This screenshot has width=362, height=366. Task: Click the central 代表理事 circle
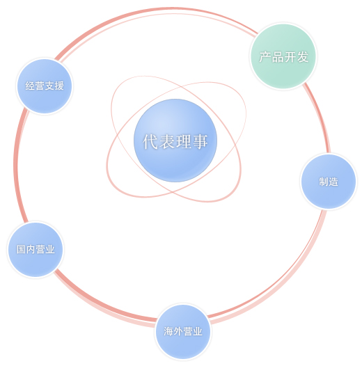[x=175, y=141]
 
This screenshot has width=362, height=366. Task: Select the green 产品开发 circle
[x=283, y=56]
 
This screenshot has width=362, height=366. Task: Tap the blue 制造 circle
[x=329, y=182]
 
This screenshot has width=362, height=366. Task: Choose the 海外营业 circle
[x=183, y=332]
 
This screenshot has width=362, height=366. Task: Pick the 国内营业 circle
[x=36, y=250]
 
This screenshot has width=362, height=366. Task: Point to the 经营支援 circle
[x=45, y=86]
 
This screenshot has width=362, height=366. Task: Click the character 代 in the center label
[x=151, y=141]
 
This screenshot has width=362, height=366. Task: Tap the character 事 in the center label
[x=200, y=141]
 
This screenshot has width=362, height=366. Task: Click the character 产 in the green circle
[x=265, y=57]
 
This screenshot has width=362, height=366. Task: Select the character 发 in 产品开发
[x=302, y=57]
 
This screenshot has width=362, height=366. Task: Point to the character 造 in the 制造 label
[x=333, y=182]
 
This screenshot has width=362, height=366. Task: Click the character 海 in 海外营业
[x=168, y=331]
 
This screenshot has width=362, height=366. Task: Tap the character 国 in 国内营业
[x=21, y=249]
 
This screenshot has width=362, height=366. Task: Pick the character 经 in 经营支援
[x=30, y=86]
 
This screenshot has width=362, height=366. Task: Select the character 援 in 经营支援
[x=59, y=86]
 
